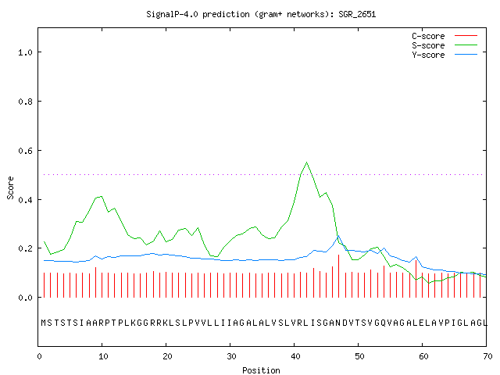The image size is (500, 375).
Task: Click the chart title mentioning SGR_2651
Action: point(261,14)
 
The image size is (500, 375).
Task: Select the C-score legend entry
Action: point(445,36)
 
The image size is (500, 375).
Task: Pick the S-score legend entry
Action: point(445,45)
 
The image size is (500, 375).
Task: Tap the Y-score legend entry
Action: point(445,55)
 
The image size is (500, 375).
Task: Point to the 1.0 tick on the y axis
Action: point(25,52)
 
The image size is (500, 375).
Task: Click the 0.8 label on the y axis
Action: point(25,102)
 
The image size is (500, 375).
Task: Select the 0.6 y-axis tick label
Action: point(25,151)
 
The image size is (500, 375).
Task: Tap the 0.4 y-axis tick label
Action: point(25,200)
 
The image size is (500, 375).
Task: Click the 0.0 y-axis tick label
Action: point(25,298)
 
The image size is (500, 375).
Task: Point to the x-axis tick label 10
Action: point(103,356)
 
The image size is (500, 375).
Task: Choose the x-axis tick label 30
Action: point(231,356)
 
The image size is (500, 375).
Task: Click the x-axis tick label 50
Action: point(359,356)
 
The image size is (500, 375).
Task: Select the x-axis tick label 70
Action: point(487,356)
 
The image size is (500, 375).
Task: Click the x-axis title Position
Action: point(261,370)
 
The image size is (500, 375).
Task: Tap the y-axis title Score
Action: point(10,187)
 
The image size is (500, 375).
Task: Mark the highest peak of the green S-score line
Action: point(307,162)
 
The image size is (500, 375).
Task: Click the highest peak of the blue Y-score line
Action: point(338,236)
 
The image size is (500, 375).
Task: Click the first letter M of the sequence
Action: point(44,323)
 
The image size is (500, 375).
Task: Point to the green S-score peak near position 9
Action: point(101,196)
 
